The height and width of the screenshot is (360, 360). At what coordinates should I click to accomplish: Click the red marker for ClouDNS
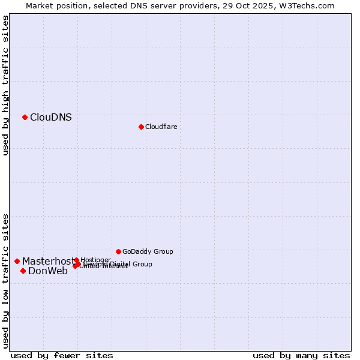[x=25, y=117]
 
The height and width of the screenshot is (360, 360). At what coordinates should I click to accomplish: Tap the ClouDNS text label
[x=50, y=118]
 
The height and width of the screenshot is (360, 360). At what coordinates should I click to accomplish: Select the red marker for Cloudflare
[x=141, y=127]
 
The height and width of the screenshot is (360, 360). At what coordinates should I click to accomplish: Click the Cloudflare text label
[x=161, y=127]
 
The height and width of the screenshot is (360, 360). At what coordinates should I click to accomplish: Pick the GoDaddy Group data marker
[x=118, y=251]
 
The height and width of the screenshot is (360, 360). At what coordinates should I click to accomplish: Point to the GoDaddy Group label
[x=148, y=251]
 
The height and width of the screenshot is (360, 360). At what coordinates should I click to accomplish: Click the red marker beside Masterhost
[x=17, y=261]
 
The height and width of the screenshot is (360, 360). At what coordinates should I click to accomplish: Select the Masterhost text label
[x=47, y=261]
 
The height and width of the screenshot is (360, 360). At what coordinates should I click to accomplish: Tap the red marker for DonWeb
[x=23, y=271]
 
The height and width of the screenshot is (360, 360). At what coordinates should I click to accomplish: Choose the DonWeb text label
[x=48, y=271]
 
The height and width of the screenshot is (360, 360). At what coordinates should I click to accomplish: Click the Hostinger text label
[x=95, y=260]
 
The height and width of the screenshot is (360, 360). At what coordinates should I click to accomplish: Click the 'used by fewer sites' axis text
[x=62, y=355]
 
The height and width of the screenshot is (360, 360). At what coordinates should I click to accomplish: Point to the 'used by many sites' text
[x=301, y=355]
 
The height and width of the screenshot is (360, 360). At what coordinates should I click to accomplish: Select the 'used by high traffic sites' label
[x=5, y=85]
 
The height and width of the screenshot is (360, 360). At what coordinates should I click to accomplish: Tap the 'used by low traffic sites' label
[x=5, y=281]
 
